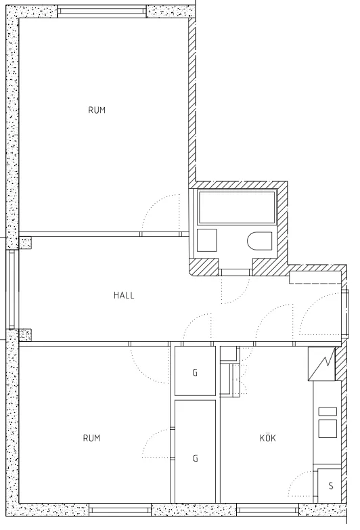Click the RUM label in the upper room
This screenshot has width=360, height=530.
coord(97,110)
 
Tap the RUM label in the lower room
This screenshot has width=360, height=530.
coord(91,438)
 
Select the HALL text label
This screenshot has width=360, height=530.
coord(124,295)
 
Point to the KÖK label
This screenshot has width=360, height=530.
coord(268,438)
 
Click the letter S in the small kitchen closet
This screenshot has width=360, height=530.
coord(331,486)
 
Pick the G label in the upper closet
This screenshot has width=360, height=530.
coord(195,372)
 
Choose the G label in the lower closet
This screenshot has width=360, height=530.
coord(195,458)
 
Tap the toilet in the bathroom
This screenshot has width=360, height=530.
coord(260,241)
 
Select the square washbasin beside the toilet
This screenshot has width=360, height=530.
coord(206,240)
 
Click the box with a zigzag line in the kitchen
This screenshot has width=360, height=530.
coord(322,365)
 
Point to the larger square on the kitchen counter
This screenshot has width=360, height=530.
coord(328,428)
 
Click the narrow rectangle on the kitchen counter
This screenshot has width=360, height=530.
coord(328,411)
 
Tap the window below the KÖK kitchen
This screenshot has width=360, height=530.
coord(267,510)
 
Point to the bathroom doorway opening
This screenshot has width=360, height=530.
coord(235,272)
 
